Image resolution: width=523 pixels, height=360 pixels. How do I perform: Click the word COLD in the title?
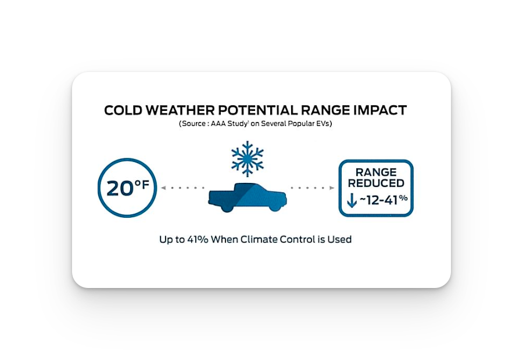[x=123, y=110]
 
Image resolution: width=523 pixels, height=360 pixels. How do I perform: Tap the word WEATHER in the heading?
[x=180, y=110]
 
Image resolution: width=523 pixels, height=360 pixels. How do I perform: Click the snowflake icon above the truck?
[x=247, y=159]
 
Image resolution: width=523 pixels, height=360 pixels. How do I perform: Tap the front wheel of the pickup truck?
[x=275, y=206]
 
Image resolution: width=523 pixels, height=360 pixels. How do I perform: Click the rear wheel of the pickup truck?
[x=227, y=206]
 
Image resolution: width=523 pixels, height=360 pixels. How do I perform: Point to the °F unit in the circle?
[x=142, y=184]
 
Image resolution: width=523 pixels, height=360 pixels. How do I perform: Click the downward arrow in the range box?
[x=352, y=201]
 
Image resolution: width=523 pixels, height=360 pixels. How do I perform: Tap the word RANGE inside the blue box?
[x=376, y=172]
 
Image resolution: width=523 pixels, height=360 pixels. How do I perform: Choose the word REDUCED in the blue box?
[x=376, y=183]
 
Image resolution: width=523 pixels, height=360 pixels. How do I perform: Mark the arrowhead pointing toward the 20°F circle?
[x=163, y=188]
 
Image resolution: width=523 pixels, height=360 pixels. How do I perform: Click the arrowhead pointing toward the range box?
[x=332, y=188]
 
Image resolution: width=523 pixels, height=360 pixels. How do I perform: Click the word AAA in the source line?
[x=218, y=124]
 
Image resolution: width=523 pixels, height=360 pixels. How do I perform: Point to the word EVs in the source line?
[x=322, y=124]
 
